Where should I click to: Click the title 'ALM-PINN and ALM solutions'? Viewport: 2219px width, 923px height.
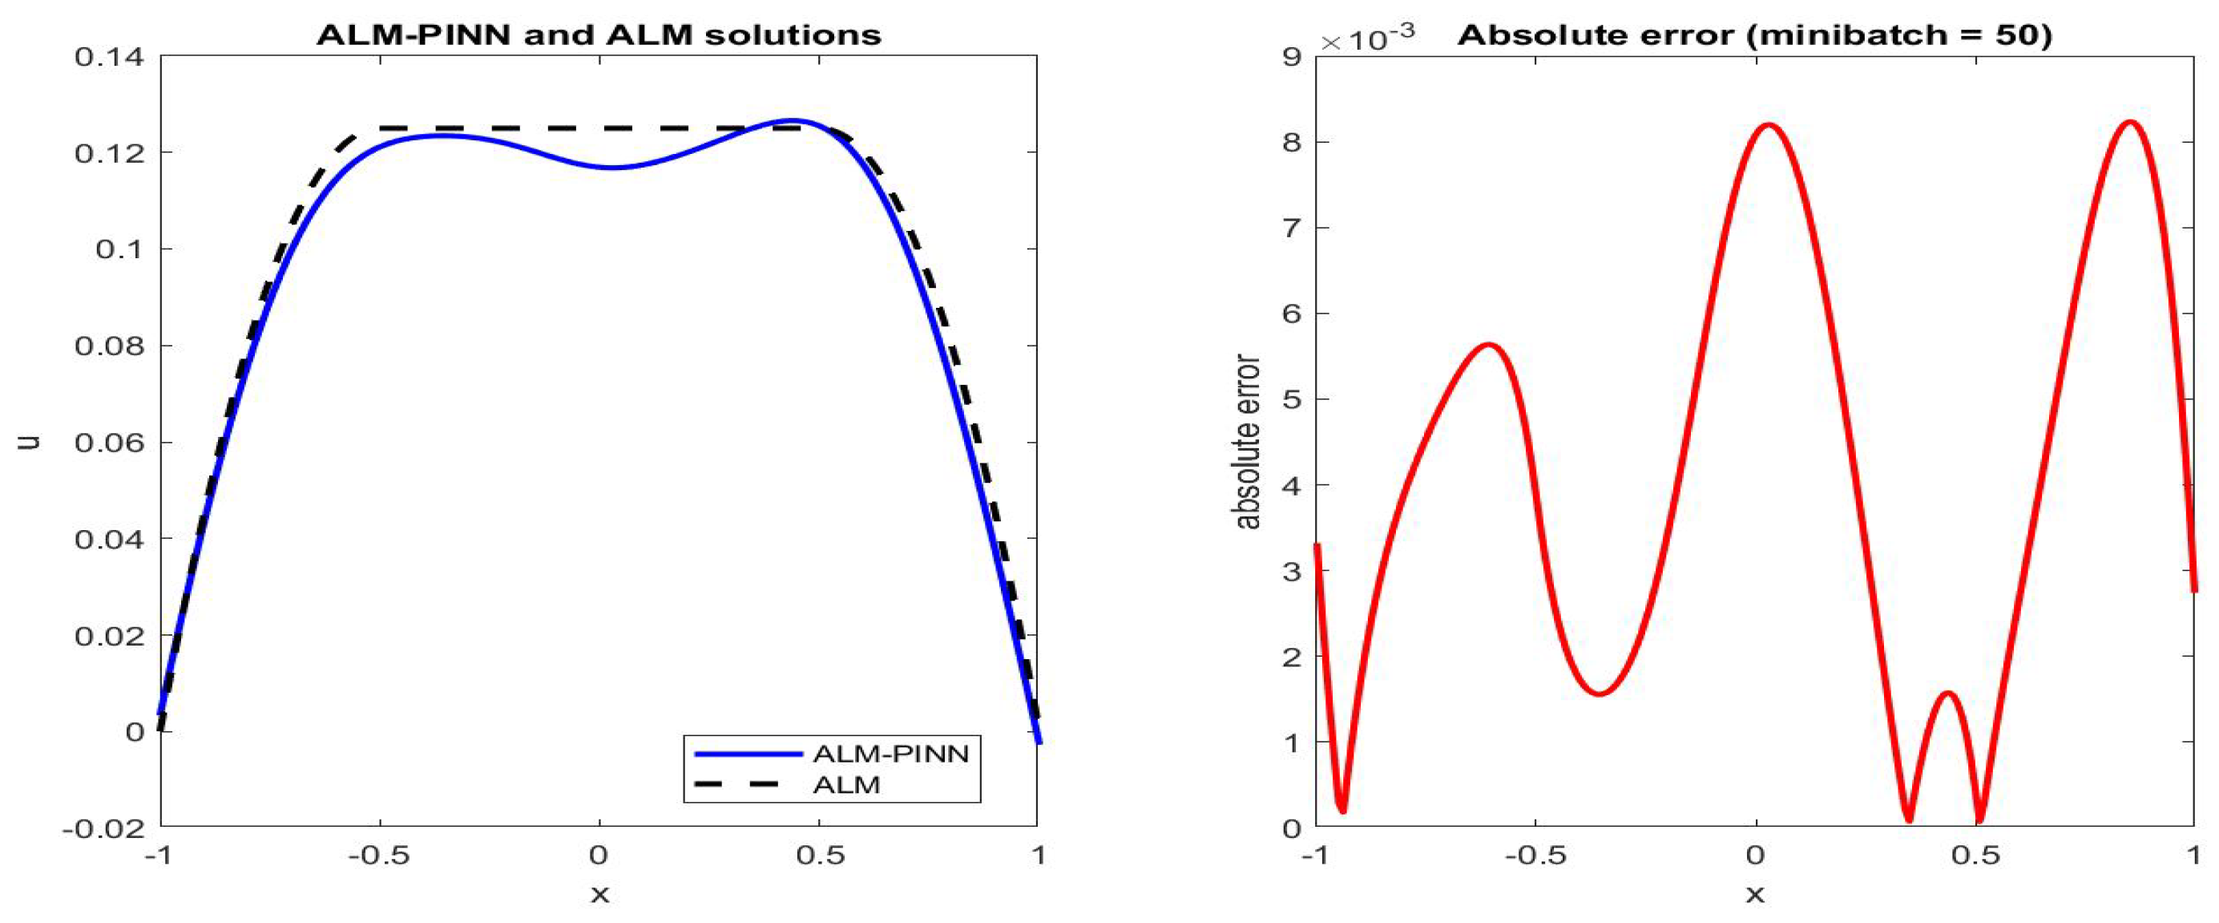(x=599, y=34)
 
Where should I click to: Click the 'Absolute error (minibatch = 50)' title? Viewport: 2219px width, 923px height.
(x=1755, y=34)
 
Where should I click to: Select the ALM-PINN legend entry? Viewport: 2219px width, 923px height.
(x=890, y=754)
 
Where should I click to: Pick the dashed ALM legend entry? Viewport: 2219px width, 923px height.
(x=846, y=785)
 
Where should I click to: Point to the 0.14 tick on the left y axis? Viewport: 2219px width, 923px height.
(x=110, y=57)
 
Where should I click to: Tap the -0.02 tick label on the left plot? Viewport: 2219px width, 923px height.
(x=103, y=829)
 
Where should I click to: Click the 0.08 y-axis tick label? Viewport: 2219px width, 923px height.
(x=110, y=346)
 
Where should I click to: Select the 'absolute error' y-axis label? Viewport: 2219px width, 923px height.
(x=1246, y=442)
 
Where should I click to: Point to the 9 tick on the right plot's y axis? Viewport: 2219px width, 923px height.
(x=1291, y=57)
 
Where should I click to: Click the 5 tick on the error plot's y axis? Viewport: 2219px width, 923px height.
(x=1291, y=400)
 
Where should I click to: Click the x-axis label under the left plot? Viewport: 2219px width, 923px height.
(x=599, y=896)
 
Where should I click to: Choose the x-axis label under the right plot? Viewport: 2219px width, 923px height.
(x=1755, y=896)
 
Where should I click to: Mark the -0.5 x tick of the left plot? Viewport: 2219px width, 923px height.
(x=380, y=856)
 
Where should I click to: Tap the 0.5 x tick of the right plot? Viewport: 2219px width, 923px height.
(x=1975, y=856)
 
